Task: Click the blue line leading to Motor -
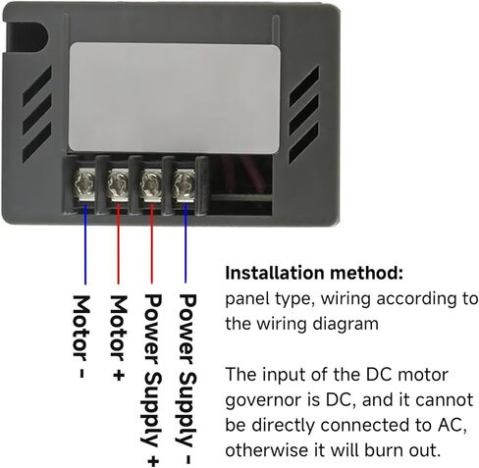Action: tap(85, 244)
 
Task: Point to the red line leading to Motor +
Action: tap(118, 244)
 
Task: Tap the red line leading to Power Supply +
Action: tap(151, 243)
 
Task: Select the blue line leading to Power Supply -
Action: tap(186, 243)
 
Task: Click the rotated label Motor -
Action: tap(80, 337)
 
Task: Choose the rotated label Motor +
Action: tap(119, 338)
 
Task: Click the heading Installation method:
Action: tap(314, 273)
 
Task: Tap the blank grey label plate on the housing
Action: tap(175, 98)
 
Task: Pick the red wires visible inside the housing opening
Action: tap(240, 174)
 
